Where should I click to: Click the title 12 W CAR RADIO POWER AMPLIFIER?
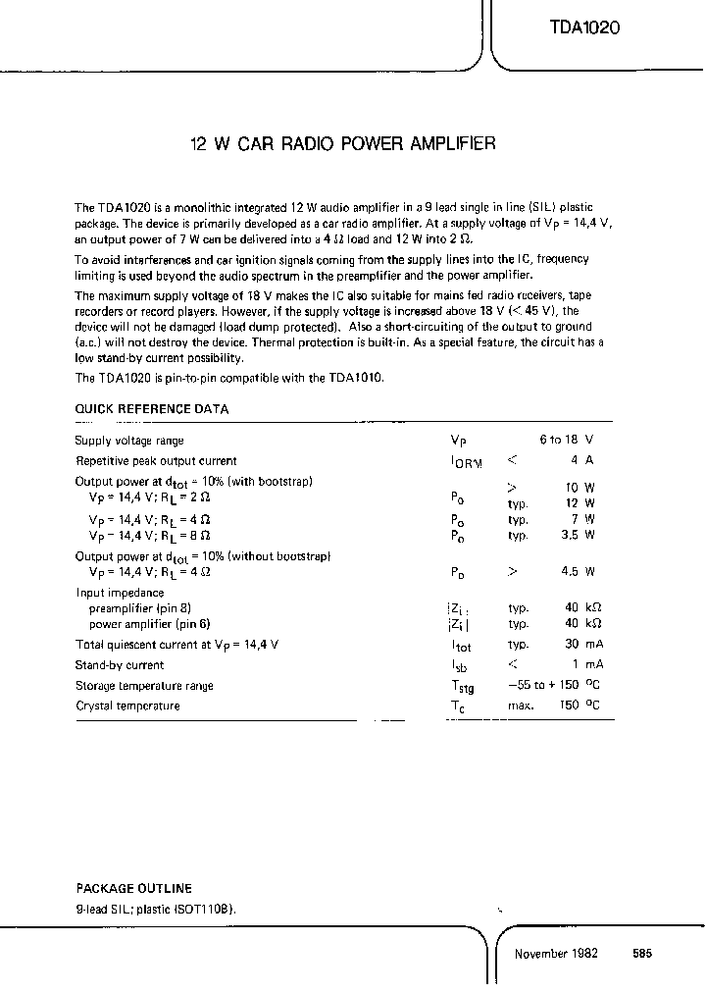pyautogui.click(x=342, y=143)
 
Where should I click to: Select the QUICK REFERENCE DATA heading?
pyautogui.click(x=152, y=410)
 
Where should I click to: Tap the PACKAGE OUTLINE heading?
pyautogui.click(x=133, y=889)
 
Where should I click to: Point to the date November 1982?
pyautogui.click(x=556, y=954)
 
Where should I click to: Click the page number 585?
pyautogui.click(x=642, y=954)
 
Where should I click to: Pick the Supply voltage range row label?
pyautogui.click(x=129, y=441)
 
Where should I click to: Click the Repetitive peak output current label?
pyautogui.click(x=156, y=460)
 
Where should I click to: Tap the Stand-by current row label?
pyautogui.click(x=120, y=665)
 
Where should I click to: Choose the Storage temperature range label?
pyautogui.click(x=144, y=686)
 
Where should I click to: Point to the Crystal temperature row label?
pyautogui.click(x=127, y=706)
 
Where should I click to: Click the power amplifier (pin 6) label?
pyautogui.click(x=150, y=624)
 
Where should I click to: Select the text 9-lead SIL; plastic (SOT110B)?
pyautogui.click(x=156, y=909)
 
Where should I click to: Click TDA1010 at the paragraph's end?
pyautogui.click(x=356, y=378)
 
